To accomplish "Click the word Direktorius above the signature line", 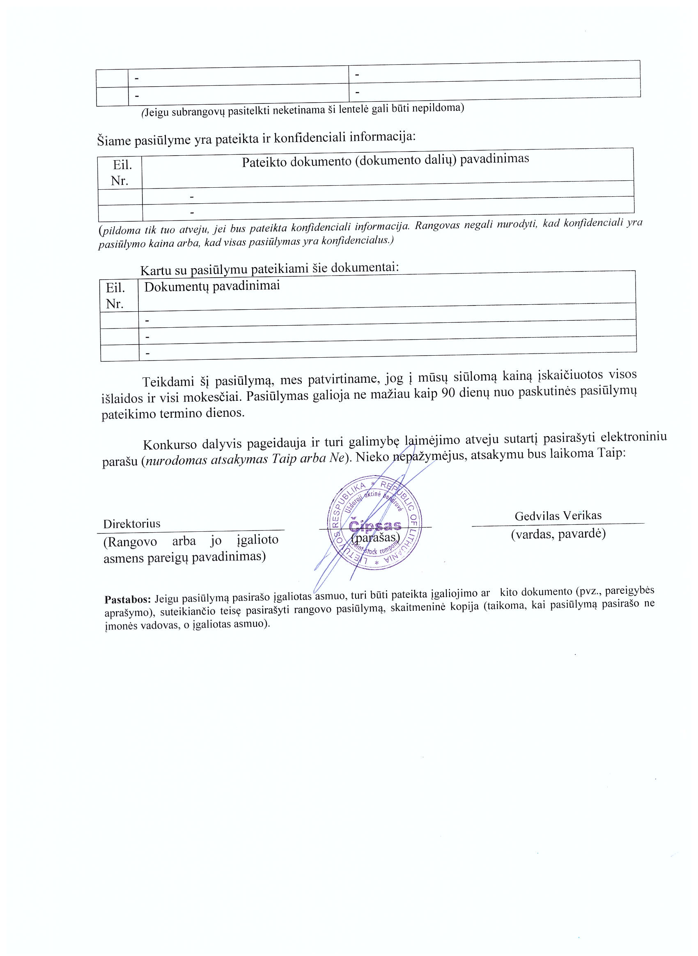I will point(132,524).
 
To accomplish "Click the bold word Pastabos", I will point(128,599).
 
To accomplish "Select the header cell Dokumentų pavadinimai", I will point(212,286).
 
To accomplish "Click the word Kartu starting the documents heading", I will point(156,270).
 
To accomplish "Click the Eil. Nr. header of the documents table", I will point(115,296).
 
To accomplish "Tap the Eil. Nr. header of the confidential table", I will point(121,172).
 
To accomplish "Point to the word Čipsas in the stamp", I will point(375,526).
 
